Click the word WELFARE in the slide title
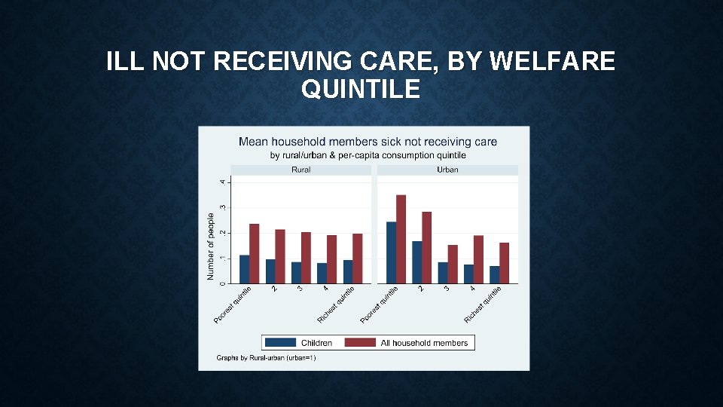click(x=551, y=61)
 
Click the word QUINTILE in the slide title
click(x=361, y=90)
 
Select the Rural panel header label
click(x=300, y=170)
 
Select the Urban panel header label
click(x=447, y=170)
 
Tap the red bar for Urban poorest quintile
click(x=401, y=239)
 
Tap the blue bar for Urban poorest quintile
click(x=391, y=252)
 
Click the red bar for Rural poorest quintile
click(x=254, y=253)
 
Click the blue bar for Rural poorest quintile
click(x=244, y=269)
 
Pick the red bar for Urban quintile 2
click(x=426, y=247)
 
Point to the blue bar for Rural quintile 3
click(x=296, y=272)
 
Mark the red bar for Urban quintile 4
click(x=478, y=259)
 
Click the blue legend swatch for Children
click(x=280, y=343)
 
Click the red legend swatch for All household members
click(x=360, y=343)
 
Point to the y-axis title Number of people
click(x=211, y=246)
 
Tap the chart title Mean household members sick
click(x=368, y=142)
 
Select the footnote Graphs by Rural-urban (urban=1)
click(x=266, y=358)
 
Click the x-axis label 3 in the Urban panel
click(x=447, y=289)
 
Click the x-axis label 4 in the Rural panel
click(x=325, y=289)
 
